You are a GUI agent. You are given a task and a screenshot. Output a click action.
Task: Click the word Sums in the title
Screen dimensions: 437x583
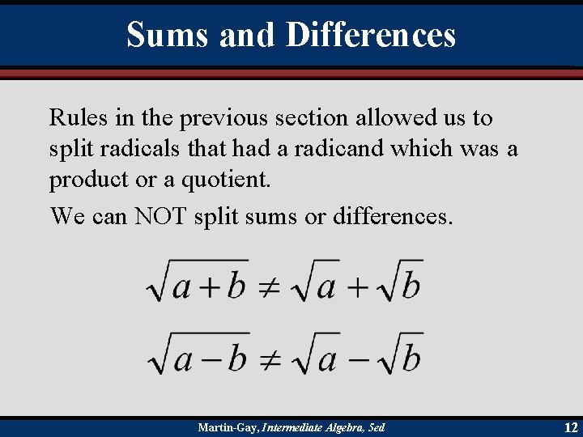[x=166, y=35]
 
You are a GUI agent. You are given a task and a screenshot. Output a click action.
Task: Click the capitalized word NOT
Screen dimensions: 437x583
[x=159, y=216]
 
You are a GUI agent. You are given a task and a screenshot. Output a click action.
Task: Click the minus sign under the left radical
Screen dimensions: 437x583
[x=209, y=358]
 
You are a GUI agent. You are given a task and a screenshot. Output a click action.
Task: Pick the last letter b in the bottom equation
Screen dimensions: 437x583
[x=411, y=357]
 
